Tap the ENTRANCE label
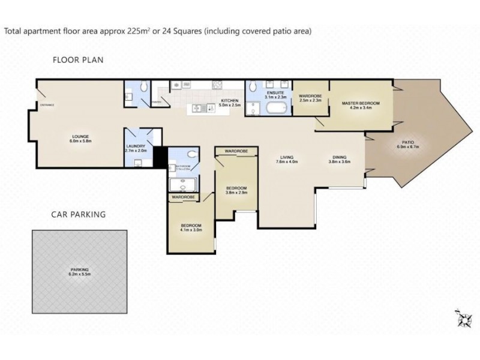[x=47, y=106]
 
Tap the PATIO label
[x=409, y=142]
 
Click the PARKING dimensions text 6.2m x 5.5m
[x=79, y=275]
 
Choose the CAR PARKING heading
[x=79, y=214]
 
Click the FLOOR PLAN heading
[x=78, y=59]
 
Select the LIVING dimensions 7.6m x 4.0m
[x=287, y=162]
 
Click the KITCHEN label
[x=230, y=100]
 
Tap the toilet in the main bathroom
[x=190, y=154]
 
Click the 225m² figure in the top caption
[x=139, y=31]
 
